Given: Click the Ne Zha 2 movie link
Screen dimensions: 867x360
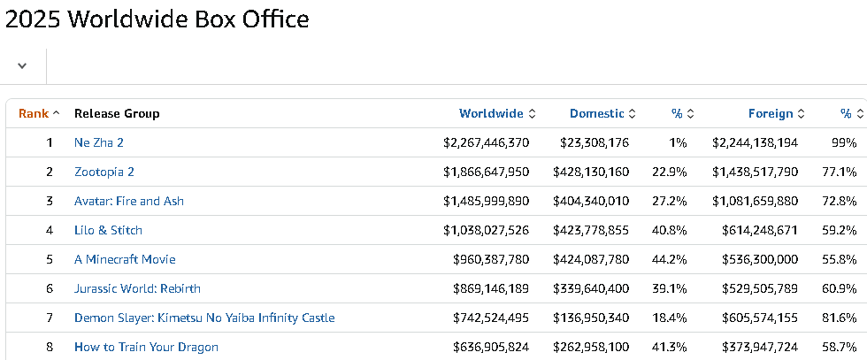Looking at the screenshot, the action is pyautogui.click(x=99, y=142).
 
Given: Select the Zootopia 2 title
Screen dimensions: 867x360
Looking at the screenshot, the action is pyautogui.click(x=104, y=172).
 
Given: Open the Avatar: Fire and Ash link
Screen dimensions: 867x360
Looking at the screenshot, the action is pyautogui.click(x=129, y=201).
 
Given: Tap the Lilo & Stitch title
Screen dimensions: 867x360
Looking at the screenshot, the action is pyautogui.click(x=108, y=230).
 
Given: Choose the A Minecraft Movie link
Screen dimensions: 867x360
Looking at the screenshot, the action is pyautogui.click(x=125, y=259).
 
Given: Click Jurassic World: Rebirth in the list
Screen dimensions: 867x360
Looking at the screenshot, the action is pyautogui.click(x=137, y=288).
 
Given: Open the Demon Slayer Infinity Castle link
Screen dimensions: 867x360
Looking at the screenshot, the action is pyautogui.click(x=204, y=318).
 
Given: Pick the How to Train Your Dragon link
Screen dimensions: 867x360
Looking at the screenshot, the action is pyautogui.click(x=146, y=348).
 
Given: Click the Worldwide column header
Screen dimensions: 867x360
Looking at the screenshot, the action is pyautogui.click(x=491, y=113).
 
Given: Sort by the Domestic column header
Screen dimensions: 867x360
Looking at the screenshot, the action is pyautogui.click(x=596, y=113).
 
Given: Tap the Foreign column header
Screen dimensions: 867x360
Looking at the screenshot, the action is pyautogui.click(x=771, y=113).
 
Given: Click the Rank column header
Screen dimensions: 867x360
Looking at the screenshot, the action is pyautogui.click(x=34, y=113).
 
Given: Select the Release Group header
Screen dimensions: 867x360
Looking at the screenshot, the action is pyautogui.click(x=117, y=113).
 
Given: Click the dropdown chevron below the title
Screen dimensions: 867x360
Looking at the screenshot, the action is pyautogui.click(x=22, y=65).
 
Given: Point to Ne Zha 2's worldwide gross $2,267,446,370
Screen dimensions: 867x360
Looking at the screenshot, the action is pyautogui.click(x=486, y=142).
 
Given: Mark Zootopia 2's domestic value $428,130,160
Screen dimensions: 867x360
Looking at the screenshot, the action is pyautogui.click(x=591, y=172).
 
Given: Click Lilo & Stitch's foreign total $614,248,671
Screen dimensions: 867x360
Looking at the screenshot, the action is pyautogui.click(x=760, y=230).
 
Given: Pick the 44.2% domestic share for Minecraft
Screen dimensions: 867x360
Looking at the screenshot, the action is pyautogui.click(x=670, y=259).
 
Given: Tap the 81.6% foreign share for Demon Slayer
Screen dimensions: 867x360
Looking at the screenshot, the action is pyautogui.click(x=840, y=318).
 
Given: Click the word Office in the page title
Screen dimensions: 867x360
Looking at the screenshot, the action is pyautogui.click(x=271, y=19).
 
